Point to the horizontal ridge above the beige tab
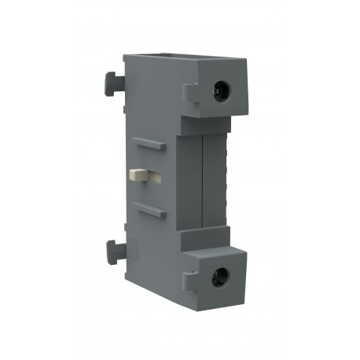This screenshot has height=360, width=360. point(147,143)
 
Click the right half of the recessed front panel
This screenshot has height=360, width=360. point(215,181)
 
